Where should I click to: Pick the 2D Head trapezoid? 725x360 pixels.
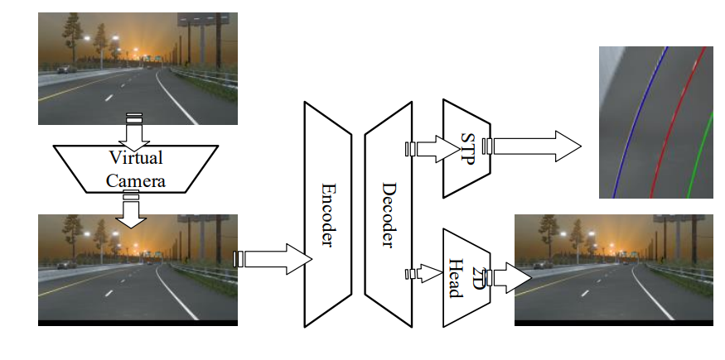click(x=467, y=278)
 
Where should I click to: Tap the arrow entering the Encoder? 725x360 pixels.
click(x=273, y=259)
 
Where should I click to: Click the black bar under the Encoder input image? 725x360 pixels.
click(x=138, y=322)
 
